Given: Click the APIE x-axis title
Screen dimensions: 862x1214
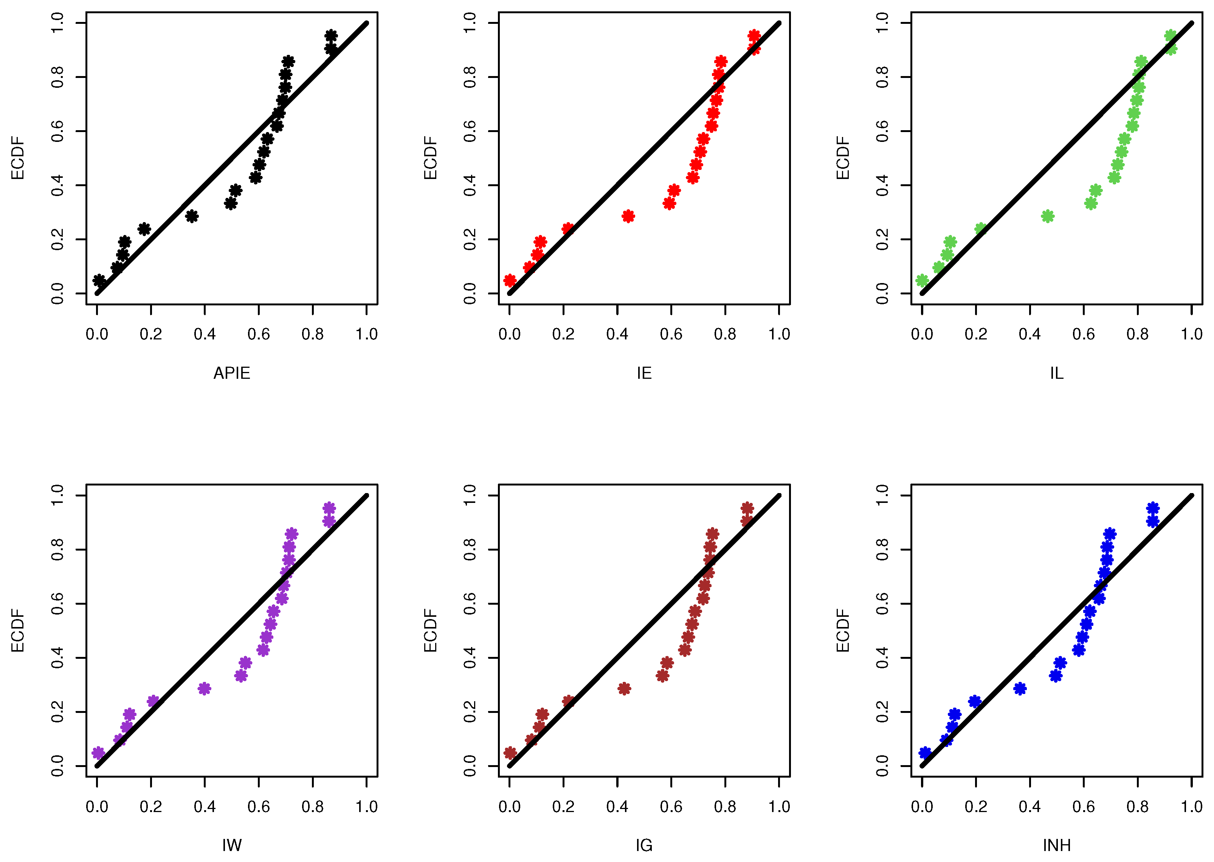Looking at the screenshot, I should [231, 374].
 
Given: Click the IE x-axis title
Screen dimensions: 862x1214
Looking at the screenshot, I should [644, 374].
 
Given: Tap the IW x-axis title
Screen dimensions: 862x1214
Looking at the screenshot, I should [231, 846].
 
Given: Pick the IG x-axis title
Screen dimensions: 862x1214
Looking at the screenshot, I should [644, 846].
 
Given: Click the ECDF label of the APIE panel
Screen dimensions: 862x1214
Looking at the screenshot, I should [17, 158].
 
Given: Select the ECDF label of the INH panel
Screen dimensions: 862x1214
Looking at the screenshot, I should [843, 630].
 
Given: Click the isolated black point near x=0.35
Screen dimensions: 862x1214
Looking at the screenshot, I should [192, 216].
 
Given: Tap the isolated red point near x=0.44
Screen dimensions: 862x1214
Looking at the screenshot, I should [628, 216].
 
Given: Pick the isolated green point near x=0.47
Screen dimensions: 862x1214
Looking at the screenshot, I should [1048, 216].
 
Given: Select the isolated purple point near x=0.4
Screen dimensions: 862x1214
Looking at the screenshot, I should [204, 688].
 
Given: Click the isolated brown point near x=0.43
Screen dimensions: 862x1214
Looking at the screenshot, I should [624, 688].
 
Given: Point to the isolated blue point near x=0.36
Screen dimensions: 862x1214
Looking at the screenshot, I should [1019, 688].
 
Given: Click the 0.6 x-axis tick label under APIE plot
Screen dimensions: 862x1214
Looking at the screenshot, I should [259, 335].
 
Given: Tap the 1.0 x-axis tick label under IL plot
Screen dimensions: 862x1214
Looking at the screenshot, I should [1191, 335].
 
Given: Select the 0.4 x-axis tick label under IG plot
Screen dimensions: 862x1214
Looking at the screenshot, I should [617, 807].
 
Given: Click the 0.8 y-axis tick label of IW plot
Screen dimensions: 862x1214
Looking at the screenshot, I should [57, 549].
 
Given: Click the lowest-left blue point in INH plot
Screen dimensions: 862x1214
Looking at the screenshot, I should [925, 753].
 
